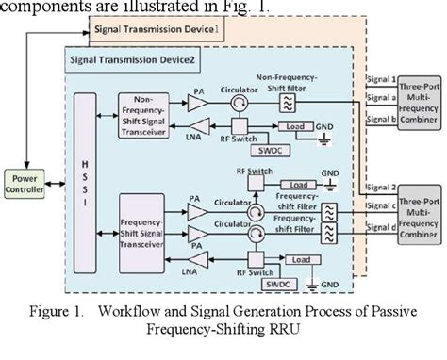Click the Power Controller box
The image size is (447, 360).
[25, 179]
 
